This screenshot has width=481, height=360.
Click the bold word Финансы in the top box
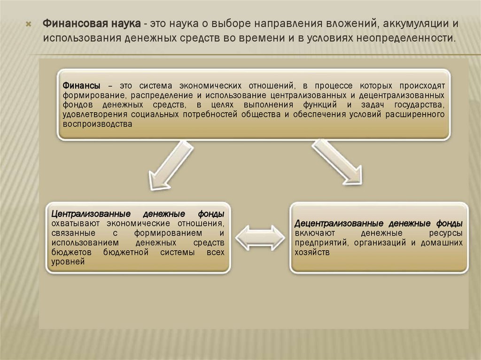[81, 86]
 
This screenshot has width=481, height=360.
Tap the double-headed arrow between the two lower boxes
[260, 237]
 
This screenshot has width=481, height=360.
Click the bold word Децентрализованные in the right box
[336, 224]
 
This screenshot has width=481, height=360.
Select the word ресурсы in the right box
[446, 233]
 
